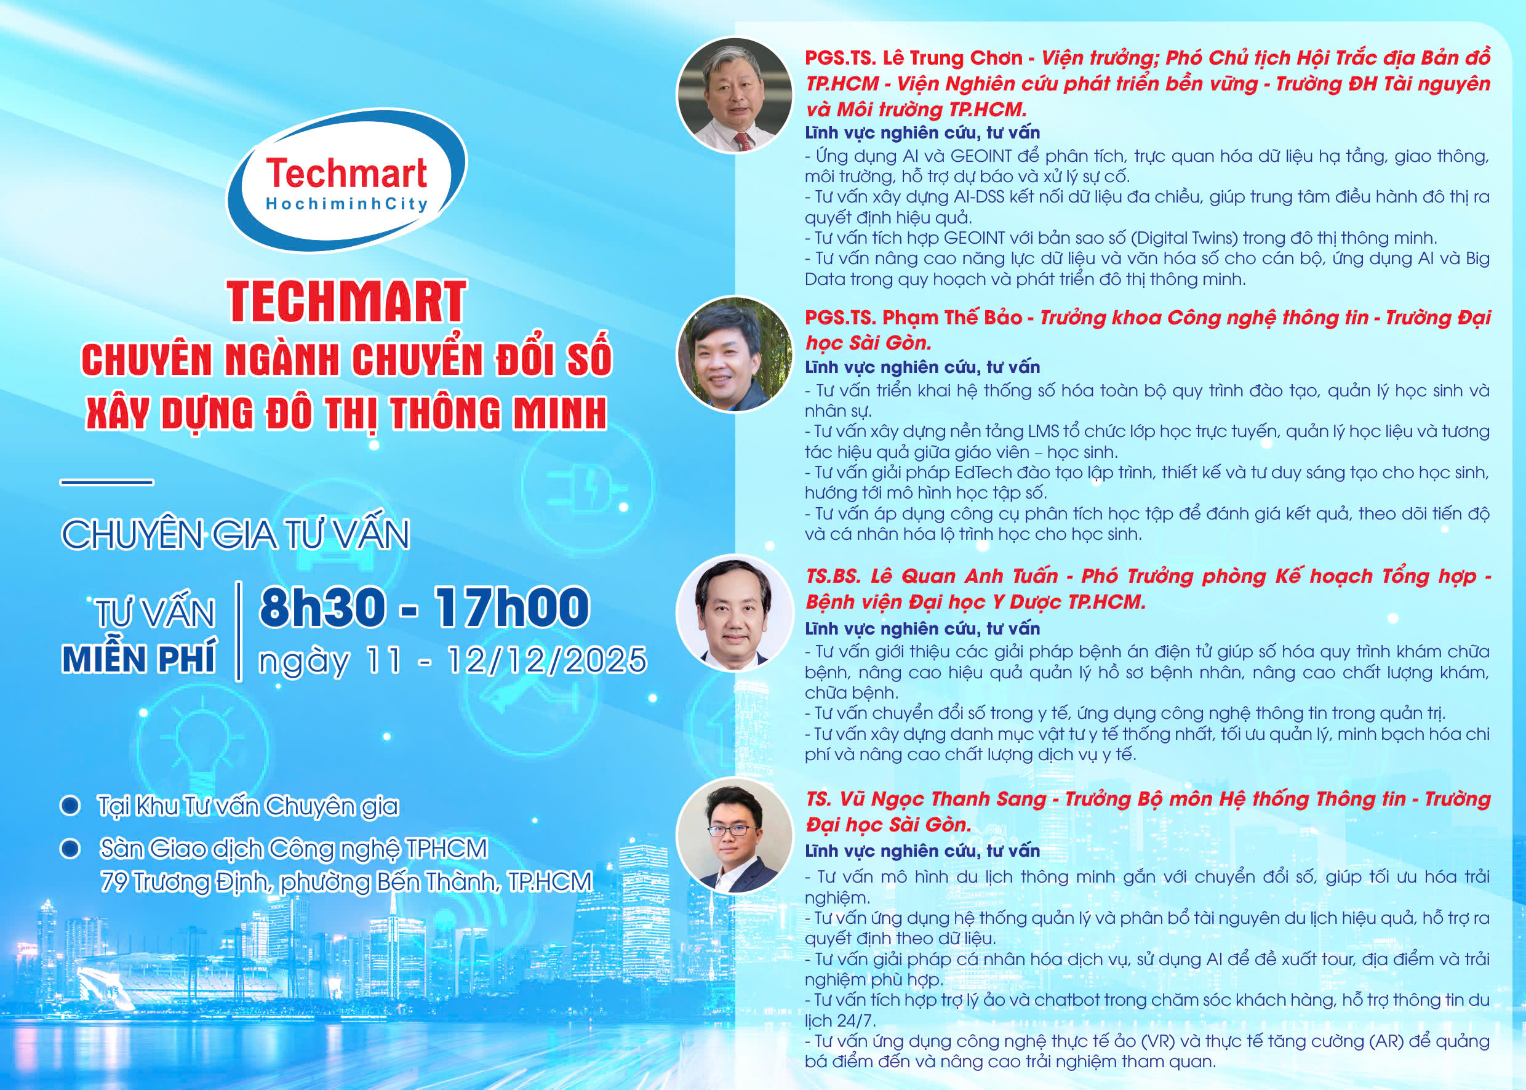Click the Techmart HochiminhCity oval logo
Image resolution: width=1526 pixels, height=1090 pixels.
click(347, 179)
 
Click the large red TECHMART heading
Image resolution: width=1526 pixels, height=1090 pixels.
click(346, 302)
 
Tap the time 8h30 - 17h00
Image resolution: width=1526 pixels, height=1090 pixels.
click(424, 607)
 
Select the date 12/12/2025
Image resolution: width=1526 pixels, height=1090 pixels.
click(547, 660)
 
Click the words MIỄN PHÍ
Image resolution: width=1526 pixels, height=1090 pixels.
click(139, 658)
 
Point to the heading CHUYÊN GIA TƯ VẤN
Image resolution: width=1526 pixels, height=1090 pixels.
click(236, 535)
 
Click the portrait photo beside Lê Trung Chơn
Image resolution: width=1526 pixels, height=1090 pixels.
click(735, 95)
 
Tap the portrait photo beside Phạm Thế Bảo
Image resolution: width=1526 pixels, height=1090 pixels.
click(735, 354)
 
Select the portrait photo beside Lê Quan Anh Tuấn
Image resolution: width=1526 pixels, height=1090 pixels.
click(735, 612)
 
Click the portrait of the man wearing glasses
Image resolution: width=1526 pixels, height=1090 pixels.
click(735, 835)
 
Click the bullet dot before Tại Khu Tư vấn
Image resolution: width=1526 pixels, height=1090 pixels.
click(71, 806)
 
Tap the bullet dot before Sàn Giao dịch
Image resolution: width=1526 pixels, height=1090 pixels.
click(71, 848)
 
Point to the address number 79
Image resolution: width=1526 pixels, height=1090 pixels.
click(114, 881)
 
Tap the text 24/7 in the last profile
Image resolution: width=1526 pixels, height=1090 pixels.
click(857, 1021)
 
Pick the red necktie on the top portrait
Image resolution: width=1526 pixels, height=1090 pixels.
click(743, 141)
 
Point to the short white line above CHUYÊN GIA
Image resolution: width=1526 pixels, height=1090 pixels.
click(106, 481)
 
